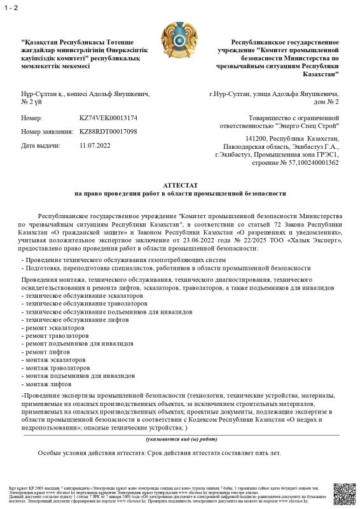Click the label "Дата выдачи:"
41,145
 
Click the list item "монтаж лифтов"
48,385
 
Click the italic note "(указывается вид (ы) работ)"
180,439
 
